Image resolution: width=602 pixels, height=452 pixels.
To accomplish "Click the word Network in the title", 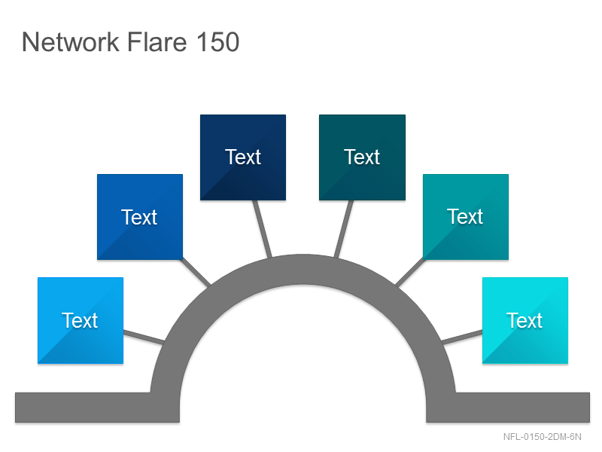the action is click(71, 41).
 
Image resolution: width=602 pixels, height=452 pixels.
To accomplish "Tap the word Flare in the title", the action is click(157, 41).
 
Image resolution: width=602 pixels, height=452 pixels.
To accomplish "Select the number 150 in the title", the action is click(217, 41).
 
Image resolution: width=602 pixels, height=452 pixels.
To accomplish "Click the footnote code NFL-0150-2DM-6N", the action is click(542, 437).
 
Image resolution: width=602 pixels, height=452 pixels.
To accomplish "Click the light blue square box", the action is click(81, 320).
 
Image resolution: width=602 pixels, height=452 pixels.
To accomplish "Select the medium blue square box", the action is click(140, 217).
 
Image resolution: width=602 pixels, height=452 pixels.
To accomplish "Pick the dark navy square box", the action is click(243, 157).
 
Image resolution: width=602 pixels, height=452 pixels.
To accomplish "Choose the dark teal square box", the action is click(362, 157).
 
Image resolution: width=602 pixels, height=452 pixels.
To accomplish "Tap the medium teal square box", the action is click(466, 217).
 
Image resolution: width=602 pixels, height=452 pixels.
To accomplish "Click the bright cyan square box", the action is click(524, 320).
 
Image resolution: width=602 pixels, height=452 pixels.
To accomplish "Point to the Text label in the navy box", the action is click(243, 157).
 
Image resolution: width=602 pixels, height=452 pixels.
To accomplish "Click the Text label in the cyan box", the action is click(524, 320).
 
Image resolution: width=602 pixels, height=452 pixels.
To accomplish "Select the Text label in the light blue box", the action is click(80, 320).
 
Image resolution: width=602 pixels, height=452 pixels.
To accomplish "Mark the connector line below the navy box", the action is click(262, 229).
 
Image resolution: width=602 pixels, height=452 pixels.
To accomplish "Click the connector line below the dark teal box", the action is click(344, 229).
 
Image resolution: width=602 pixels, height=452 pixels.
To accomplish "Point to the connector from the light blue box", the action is click(144, 337).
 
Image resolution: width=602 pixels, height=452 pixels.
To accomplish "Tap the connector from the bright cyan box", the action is click(462, 337).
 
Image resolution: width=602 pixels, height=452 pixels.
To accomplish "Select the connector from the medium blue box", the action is click(196, 272).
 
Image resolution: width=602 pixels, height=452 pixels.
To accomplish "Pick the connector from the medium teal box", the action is click(410, 272).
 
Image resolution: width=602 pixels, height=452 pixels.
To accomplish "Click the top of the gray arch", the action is click(303, 269).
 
